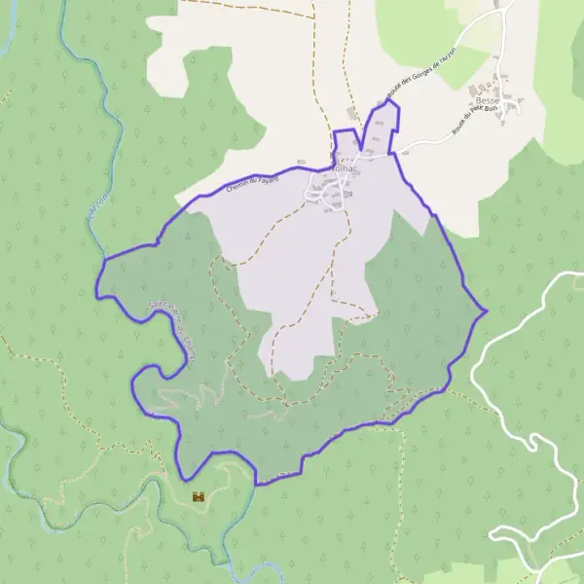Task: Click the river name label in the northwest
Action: (94, 208)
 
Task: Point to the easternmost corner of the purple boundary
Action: (486, 311)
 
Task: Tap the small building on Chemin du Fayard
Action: (302, 163)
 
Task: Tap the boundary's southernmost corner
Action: (256, 484)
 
